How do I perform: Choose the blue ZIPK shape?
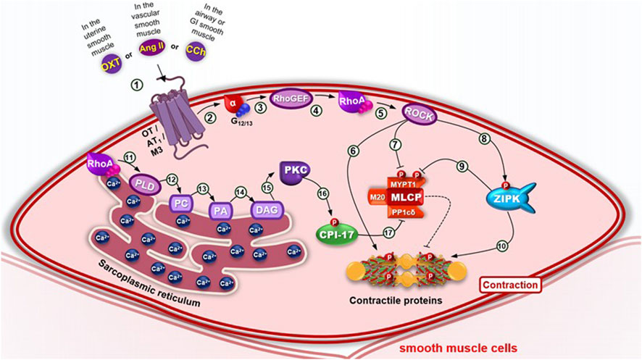(519, 196)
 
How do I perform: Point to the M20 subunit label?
(376, 196)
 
